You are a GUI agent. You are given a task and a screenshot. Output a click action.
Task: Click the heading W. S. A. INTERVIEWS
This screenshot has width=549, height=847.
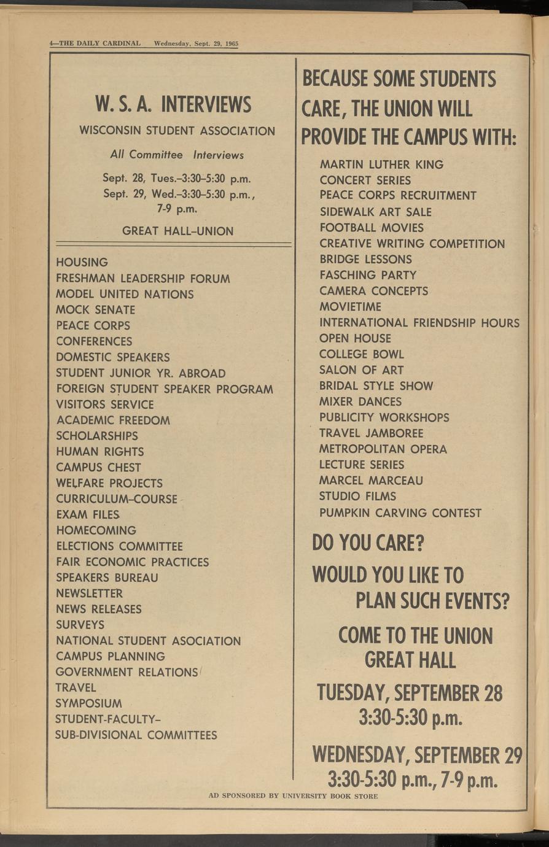point(173,104)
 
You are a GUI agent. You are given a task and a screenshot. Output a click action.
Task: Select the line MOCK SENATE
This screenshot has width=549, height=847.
point(95,310)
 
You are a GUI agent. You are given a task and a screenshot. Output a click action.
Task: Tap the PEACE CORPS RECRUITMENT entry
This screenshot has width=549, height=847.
point(397,196)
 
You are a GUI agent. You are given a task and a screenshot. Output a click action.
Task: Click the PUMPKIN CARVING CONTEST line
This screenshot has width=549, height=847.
point(400,512)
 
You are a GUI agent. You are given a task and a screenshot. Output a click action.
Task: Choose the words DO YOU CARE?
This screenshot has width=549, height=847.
point(368,543)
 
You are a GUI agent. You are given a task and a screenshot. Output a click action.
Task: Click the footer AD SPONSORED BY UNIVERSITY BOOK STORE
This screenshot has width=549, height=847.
point(293,796)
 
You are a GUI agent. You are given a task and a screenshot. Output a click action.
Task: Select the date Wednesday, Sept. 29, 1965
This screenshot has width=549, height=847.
point(196,44)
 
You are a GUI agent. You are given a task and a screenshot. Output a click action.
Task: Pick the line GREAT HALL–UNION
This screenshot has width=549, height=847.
point(177,231)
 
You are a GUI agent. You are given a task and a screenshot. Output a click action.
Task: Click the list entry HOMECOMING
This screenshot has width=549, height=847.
point(96,530)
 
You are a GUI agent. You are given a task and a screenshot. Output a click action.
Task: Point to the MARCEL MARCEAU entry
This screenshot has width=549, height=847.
point(371,480)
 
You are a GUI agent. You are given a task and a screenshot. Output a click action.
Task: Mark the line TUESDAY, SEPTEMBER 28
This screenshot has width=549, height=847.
point(409,693)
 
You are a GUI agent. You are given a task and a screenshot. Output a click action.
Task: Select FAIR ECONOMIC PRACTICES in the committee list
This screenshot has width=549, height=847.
point(132,562)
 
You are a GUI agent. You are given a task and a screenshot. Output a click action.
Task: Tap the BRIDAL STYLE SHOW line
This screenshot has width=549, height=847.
point(376,386)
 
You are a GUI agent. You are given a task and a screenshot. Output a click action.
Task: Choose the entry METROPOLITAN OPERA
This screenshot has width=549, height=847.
point(383,449)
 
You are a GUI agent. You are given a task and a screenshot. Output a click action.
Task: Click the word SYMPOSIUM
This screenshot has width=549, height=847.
point(88,703)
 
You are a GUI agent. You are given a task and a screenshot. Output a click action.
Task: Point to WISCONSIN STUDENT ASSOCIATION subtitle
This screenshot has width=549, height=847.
point(177,131)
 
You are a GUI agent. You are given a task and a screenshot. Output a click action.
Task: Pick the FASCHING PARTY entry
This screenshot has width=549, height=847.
point(367,275)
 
